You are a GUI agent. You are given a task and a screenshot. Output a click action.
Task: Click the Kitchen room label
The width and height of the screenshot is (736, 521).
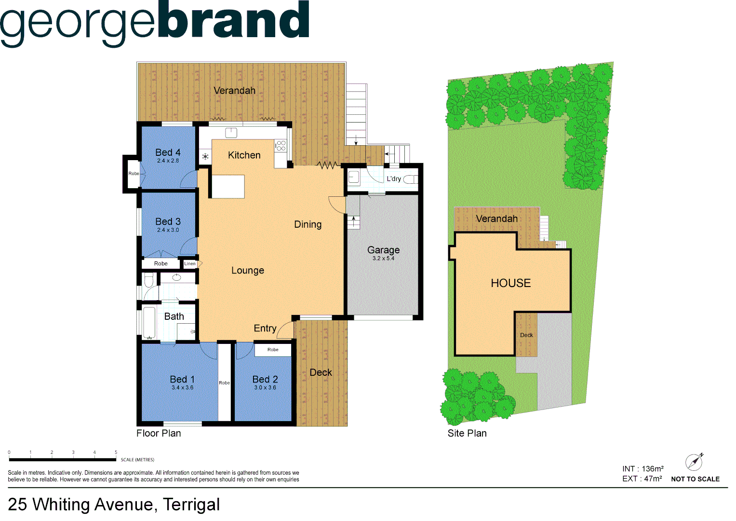pyautogui.click(x=244, y=155)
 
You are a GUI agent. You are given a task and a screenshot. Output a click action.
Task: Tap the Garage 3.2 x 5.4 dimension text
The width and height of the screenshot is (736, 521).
pyautogui.click(x=383, y=259)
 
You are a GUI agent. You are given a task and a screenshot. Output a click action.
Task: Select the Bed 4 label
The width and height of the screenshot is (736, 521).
pyautogui.click(x=168, y=152)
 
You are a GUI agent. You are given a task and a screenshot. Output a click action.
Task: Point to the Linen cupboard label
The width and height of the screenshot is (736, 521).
pyautogui.click(x=190, y=264)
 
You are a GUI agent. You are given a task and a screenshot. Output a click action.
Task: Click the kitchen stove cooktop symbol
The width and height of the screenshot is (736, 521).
pyautogui.click(x=281, y=146)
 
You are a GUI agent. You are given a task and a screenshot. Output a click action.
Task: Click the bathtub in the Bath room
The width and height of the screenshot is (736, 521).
pyautogui.click(x=149, y=322)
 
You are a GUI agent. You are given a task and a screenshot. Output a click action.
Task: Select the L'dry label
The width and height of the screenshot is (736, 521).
pyautogui.click(x=393, y=179)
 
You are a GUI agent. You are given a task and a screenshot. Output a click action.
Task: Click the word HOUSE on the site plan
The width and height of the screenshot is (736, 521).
pyautogui.click(x=510, y=283)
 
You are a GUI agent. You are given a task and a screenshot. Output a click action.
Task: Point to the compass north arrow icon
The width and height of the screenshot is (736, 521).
pyautogui.click(x=694, y=462)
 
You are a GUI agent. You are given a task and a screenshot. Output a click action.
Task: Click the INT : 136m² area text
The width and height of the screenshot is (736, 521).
pyautogui.click(x=642, y=469)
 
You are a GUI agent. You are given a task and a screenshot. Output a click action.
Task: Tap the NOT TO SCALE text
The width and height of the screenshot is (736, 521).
pyautogui.click(x=695, y=479)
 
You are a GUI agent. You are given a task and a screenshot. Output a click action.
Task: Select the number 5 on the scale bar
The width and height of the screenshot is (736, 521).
pyautogui.click(x=116, y=452)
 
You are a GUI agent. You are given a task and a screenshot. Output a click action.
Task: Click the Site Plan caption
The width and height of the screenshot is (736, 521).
pyautogui.click(x=467, y=433)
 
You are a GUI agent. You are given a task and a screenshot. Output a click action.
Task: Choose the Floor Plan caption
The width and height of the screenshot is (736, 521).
pyautogui.click(x=159, y=433)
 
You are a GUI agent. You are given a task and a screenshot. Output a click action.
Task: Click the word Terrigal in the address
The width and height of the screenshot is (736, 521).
pyautogui.click(x=191, y=505)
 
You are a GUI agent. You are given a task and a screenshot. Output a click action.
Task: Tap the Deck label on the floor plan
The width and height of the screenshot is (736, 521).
pyautogui.click(x=321, y=372)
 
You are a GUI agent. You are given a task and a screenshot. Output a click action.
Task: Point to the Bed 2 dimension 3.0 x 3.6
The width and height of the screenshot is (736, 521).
pyautogui.click(x=265, y=388)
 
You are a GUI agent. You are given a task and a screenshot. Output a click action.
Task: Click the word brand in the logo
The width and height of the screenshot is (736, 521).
pyautogui.click(x=233, y=22)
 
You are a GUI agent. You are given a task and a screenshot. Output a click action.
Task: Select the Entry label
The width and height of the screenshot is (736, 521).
pyautogui.click(x=265, y=329)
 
